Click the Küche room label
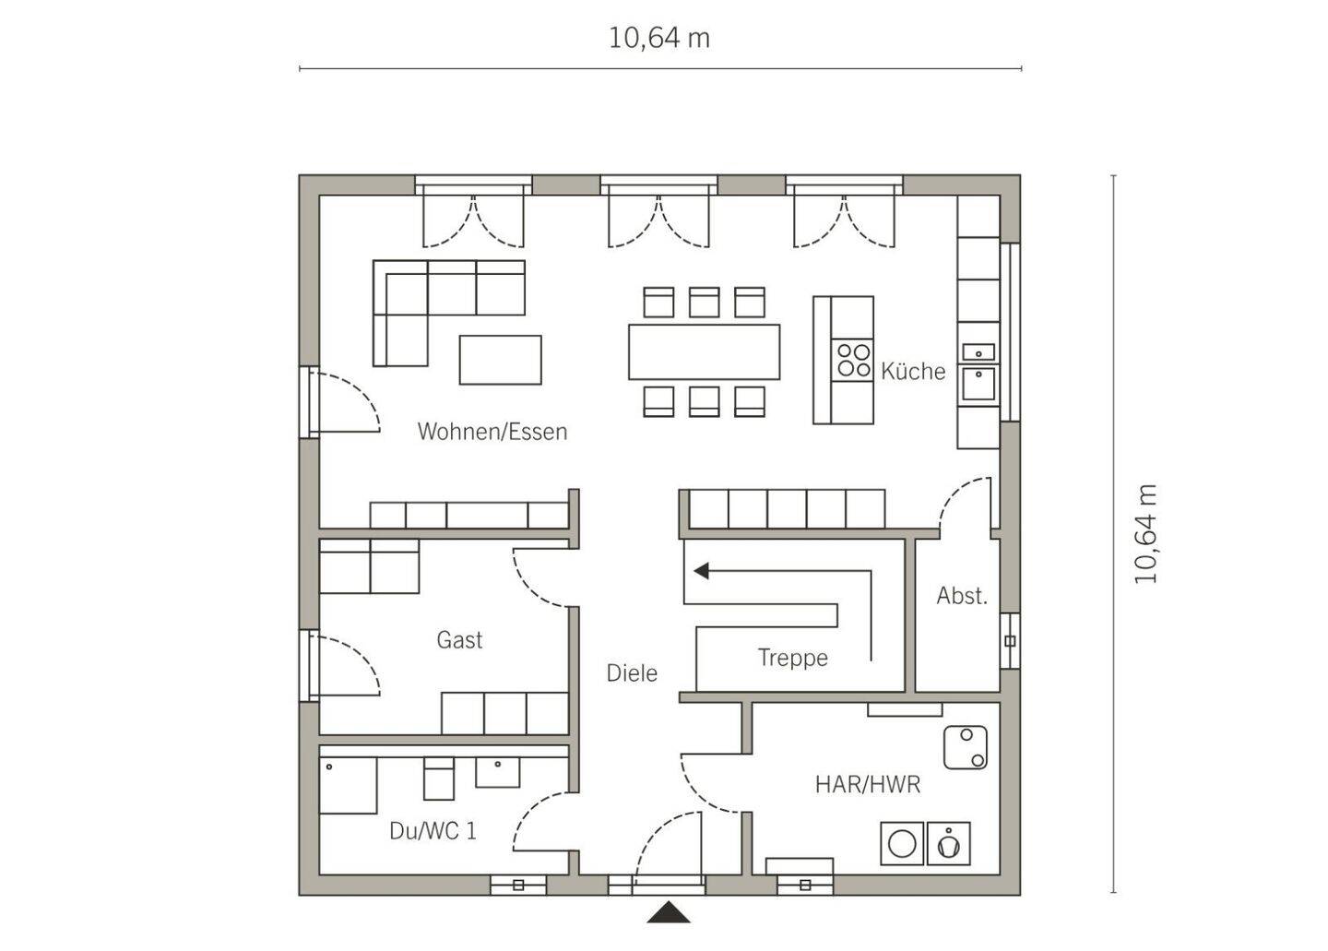coord(912,371)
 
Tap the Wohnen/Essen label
coord(492,432)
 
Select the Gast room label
coord(459,640)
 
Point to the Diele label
coord(632,673)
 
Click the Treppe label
coord(793,658)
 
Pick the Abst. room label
coord(962,596)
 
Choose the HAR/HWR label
coord(867,784)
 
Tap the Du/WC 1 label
coord(433,831)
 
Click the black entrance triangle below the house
coord(668,912)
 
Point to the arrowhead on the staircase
coord(701,571)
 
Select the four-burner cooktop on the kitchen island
coord(852,360)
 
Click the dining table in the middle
coord(704,351)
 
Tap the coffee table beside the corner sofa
coord(501,360)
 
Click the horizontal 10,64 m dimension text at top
coord(659,39)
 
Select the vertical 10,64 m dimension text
coord(1145,533)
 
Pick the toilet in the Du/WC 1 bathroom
coord(439,779)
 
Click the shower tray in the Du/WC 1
coord(348,786)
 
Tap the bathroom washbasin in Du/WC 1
coord(498,772)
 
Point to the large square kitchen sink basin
coord(978,384)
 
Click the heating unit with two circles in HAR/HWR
coord(966,747)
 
